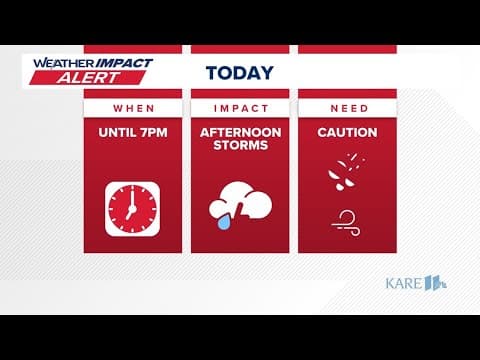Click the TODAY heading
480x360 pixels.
point(239,72)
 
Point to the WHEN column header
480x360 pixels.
point(133,107)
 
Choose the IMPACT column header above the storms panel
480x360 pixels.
point(239,107)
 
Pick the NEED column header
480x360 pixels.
point(347,107)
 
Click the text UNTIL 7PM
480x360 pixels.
point(133,133)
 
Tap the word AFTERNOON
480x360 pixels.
point(239,133)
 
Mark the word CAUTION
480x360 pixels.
point(347,133)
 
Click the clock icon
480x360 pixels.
point(133,208)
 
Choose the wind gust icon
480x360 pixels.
point(345,219)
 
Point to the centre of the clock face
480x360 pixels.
point(133,208)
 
